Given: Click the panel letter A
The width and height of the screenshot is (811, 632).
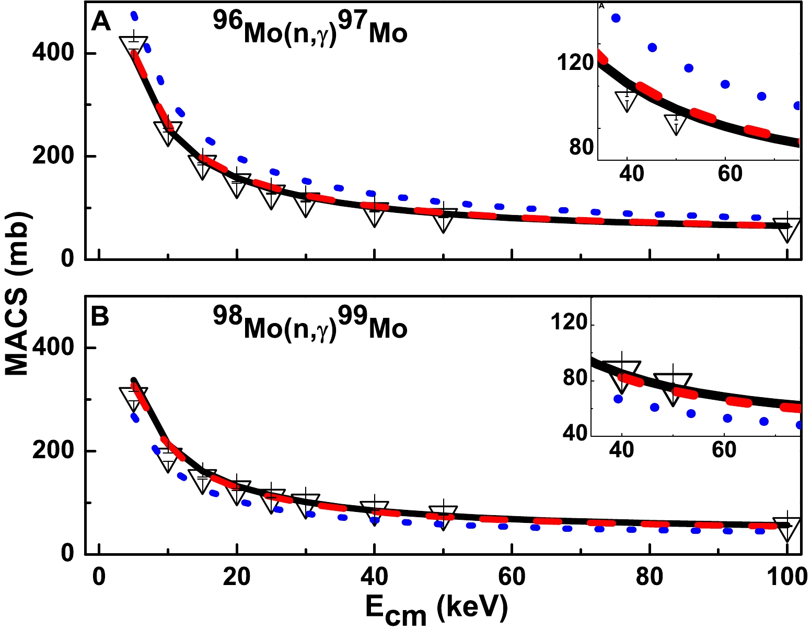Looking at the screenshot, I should pyautogui.click(x=101, y=22).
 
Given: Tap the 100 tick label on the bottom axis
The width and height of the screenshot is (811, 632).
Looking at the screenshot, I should pyautogui.click(x=786, y=578).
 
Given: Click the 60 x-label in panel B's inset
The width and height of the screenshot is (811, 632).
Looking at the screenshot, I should pyautogui.click(x=724, y=449).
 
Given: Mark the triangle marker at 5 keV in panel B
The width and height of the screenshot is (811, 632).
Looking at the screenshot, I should pyautogui.click(x=134, y=398).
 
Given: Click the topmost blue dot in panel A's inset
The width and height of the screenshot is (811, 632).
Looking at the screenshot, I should pyautogui.click(x=616, y=18).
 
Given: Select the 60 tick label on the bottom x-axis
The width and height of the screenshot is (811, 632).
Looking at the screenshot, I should pyautogui.click(x=512, y=578).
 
